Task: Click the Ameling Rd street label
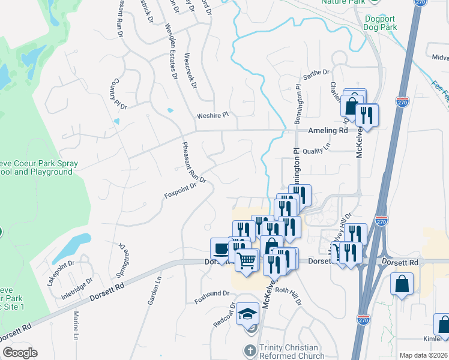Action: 327,130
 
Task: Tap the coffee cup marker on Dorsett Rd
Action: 220,248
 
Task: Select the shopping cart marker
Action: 247,262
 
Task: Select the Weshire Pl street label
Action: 213,115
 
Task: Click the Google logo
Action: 20,353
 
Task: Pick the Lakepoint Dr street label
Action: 61,272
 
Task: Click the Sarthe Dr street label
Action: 316,73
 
